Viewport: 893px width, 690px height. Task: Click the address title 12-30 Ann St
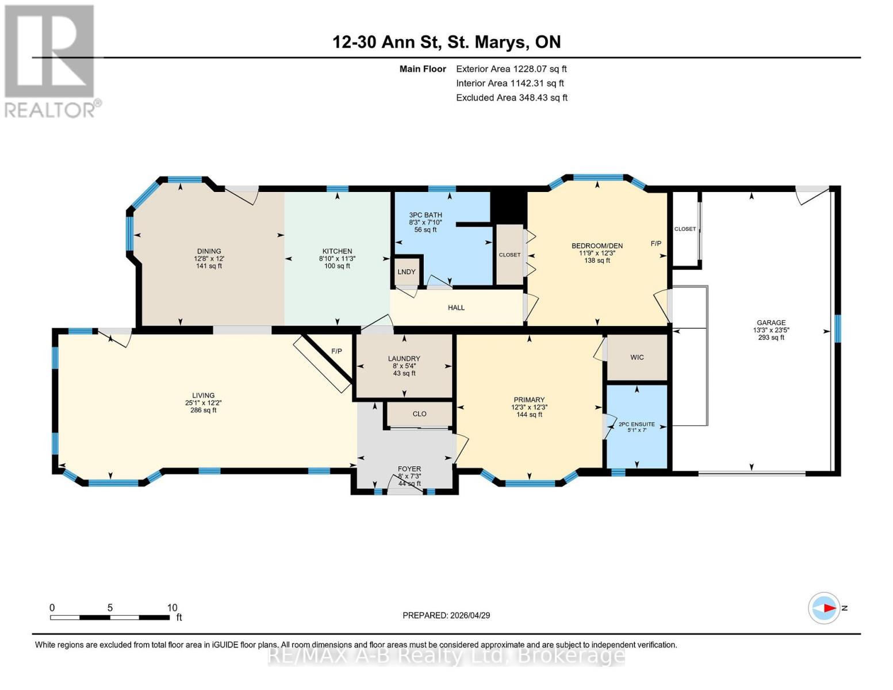(446, 42)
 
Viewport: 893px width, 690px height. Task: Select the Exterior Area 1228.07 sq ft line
(511, 69)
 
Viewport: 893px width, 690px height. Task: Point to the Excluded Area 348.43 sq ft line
(511, 98)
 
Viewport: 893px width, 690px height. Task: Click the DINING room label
(209, 251)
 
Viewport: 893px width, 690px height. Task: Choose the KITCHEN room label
(337, 251)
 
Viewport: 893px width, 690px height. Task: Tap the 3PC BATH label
(426, 215)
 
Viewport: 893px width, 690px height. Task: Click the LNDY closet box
(407, 272)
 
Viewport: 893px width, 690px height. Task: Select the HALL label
(456, 308)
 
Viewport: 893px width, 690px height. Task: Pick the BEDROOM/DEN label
(597, 246)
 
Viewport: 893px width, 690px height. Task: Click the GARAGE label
(771, 323)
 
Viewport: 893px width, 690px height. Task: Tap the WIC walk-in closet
(637, 358)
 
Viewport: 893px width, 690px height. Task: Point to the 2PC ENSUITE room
(637, 425)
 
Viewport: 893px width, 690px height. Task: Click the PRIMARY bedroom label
(529, 400)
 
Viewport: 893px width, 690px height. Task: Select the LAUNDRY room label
(404, 359)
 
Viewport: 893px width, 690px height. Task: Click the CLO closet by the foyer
(419, 414)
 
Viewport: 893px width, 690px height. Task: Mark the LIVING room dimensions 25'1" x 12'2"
(203, 403)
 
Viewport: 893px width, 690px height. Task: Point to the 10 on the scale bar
(172, 608)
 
